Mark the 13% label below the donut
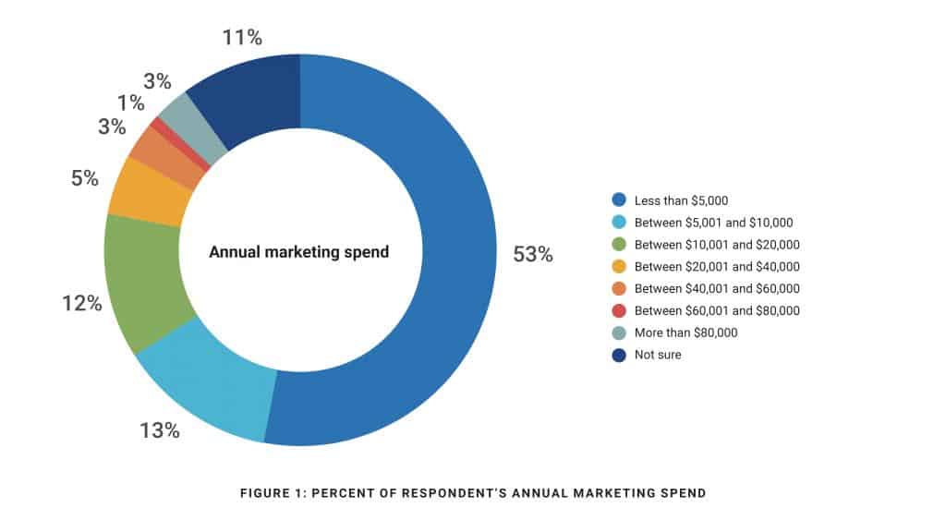point(159,430)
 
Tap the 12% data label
point(81,303)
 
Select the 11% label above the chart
point(242,38)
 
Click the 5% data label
point(84,178)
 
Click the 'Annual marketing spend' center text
point(299,251)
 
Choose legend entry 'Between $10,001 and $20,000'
point(717,244)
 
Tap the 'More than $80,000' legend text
point(685,332)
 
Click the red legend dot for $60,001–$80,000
point(619,310)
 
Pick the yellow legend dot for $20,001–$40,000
point(619,266)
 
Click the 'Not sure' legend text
point(657,355)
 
